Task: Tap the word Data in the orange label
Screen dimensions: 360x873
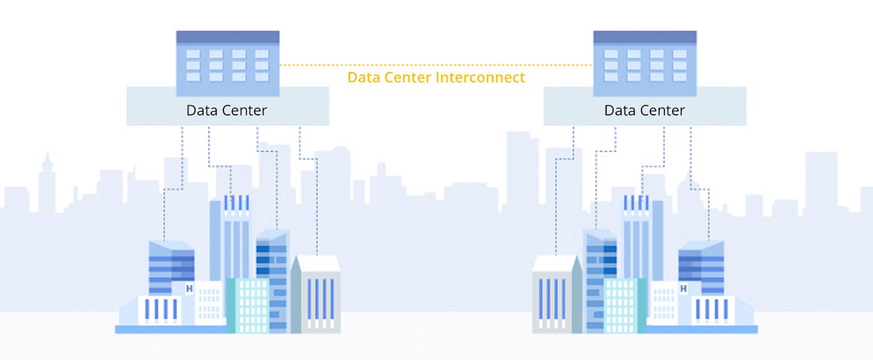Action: pos(364,77)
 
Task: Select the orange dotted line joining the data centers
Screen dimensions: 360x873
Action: pos(436,65)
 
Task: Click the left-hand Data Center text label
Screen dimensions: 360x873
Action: pos(227,111)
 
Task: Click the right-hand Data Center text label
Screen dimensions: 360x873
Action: pos(645,111)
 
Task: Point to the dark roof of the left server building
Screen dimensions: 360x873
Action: pos(228,37)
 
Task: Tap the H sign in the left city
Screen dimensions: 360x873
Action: pos(189,289)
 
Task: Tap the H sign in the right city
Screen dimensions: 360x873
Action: pos(683,289)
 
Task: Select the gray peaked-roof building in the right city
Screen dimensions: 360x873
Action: pos(557,295)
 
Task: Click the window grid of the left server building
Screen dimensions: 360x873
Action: pos(228,65)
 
